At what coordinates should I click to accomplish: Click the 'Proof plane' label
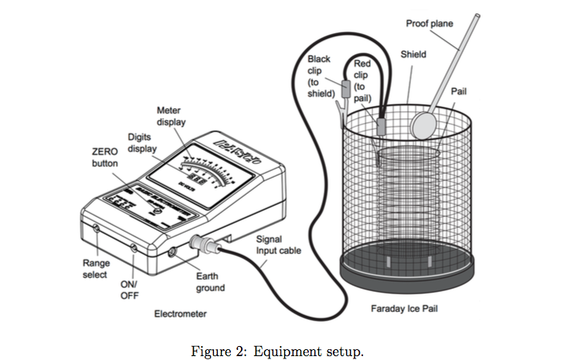tap(429, 24)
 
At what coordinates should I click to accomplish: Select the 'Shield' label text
tap(413, 55)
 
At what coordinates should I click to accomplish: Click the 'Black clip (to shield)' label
tap(320, 76)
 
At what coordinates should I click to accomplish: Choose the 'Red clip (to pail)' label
tap(362, 82)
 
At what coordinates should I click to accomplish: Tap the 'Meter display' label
tap(171, 116)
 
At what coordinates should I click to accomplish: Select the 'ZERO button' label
tap(105, 158)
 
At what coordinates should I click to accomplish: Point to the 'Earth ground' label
tap(210, 281)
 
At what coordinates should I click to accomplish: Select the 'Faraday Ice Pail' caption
tap(406, 309)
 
